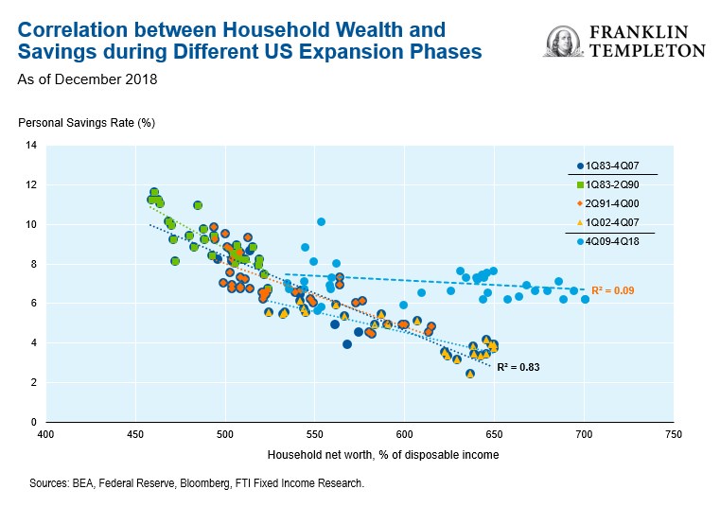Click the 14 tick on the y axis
point(31,146)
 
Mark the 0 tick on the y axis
point(33,422)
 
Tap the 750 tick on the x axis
point(673,436)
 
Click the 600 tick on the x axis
point(404,436)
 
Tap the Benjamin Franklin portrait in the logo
point(564,42)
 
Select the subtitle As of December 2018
point(87,79)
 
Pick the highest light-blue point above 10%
point(322,221)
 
